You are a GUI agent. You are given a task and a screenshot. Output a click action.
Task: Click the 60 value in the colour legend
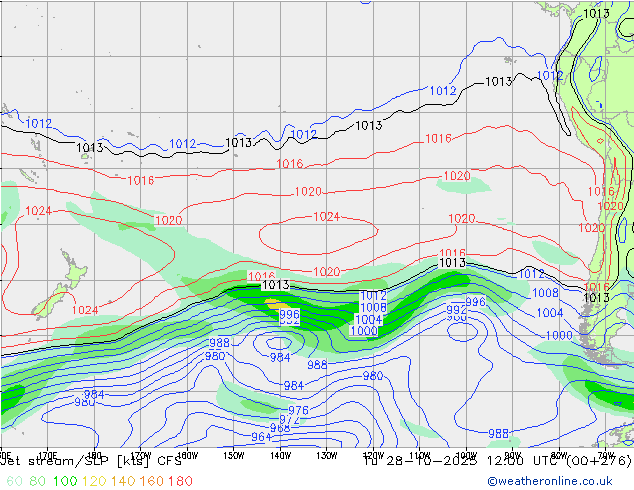pos(13,481)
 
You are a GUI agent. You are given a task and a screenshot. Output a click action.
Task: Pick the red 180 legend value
pos(181,481)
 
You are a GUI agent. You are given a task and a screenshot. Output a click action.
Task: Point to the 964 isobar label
pos(261,438)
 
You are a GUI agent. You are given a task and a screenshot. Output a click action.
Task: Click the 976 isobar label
pos(298,411)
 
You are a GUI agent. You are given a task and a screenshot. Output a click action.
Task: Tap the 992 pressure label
pos(457,310)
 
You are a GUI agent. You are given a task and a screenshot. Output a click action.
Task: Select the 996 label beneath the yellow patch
pos(289,314)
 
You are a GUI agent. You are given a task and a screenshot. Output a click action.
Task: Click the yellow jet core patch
pos(271,299)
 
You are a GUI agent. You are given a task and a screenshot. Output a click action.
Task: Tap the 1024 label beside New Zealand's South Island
pos(86,310)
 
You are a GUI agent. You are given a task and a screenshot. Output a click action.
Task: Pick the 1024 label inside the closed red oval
pos(326,217)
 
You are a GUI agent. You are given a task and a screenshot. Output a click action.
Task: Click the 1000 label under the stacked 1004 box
pos(365,331)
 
